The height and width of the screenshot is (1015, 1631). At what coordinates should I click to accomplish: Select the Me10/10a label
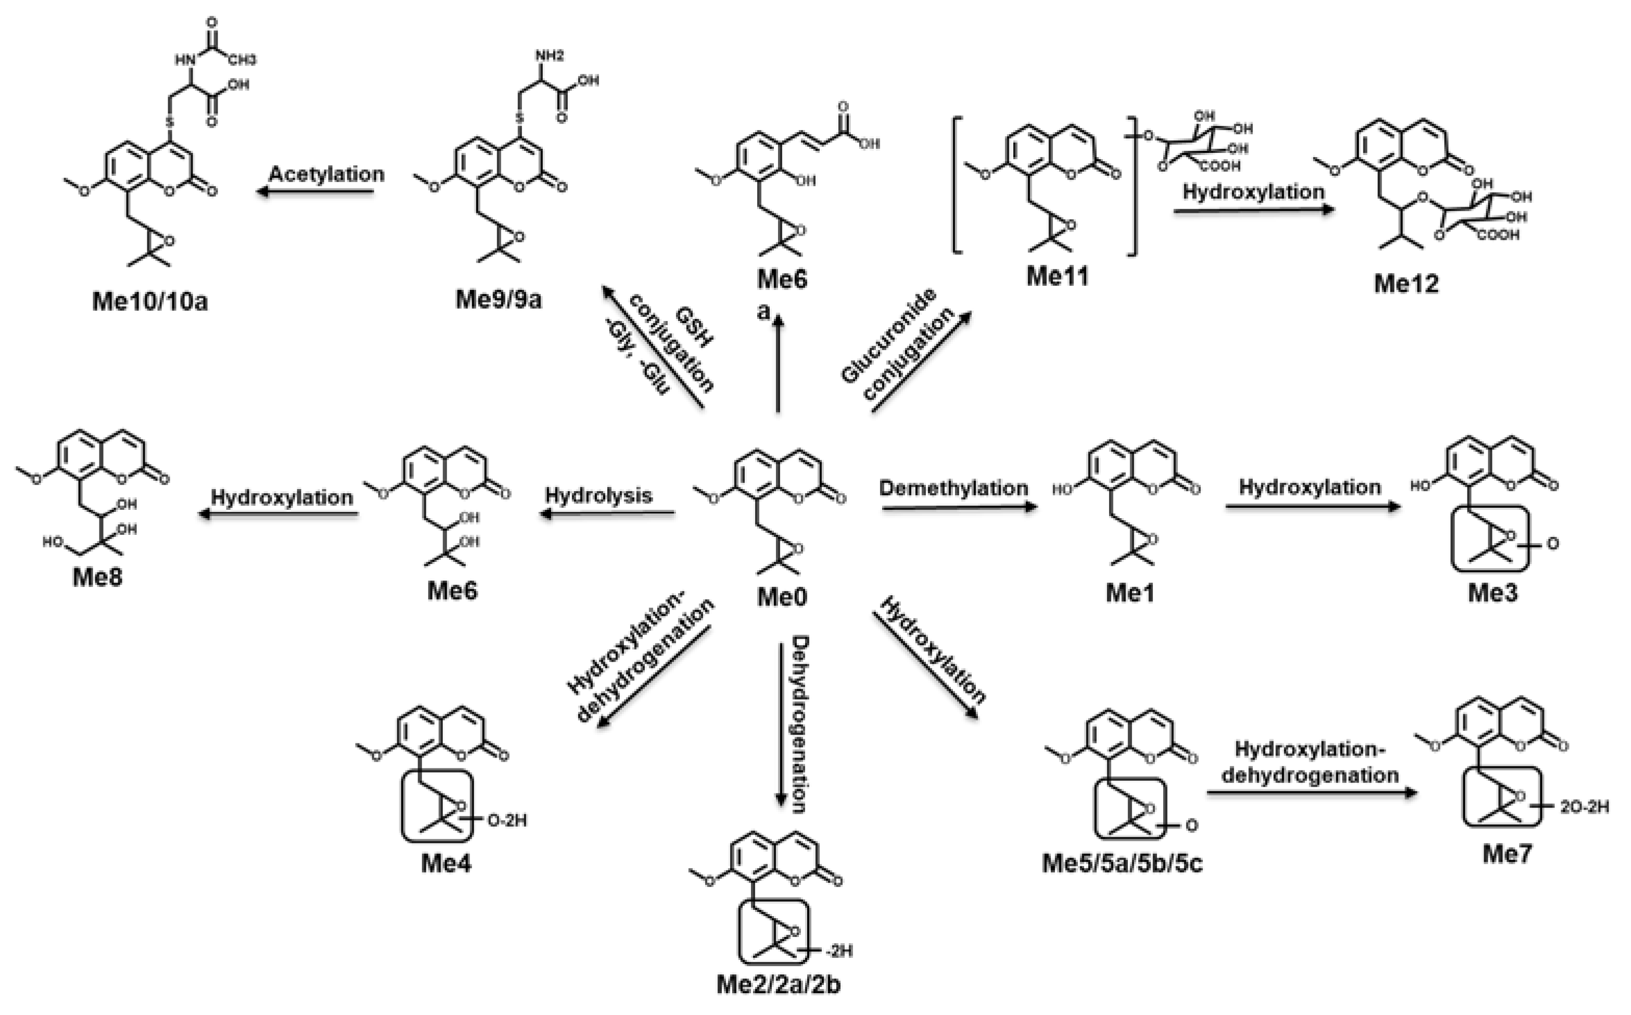click(x=150, y=301)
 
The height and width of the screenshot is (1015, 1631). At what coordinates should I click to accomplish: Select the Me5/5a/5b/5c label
click(x=1122, y=863)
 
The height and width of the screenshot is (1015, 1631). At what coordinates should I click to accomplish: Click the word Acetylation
click(x=326, y=174)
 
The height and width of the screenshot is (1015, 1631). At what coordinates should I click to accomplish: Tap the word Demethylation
click(x=953, y=488)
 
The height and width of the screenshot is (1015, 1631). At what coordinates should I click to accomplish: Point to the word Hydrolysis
click(x=598, y=495)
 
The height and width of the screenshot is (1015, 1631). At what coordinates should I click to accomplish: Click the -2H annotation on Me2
click(x=839, y=950)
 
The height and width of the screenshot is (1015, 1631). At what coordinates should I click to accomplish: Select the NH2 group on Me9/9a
click(x=550, y=56)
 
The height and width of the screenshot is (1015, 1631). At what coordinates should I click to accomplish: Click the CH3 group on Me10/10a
click(x=241, y=60)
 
